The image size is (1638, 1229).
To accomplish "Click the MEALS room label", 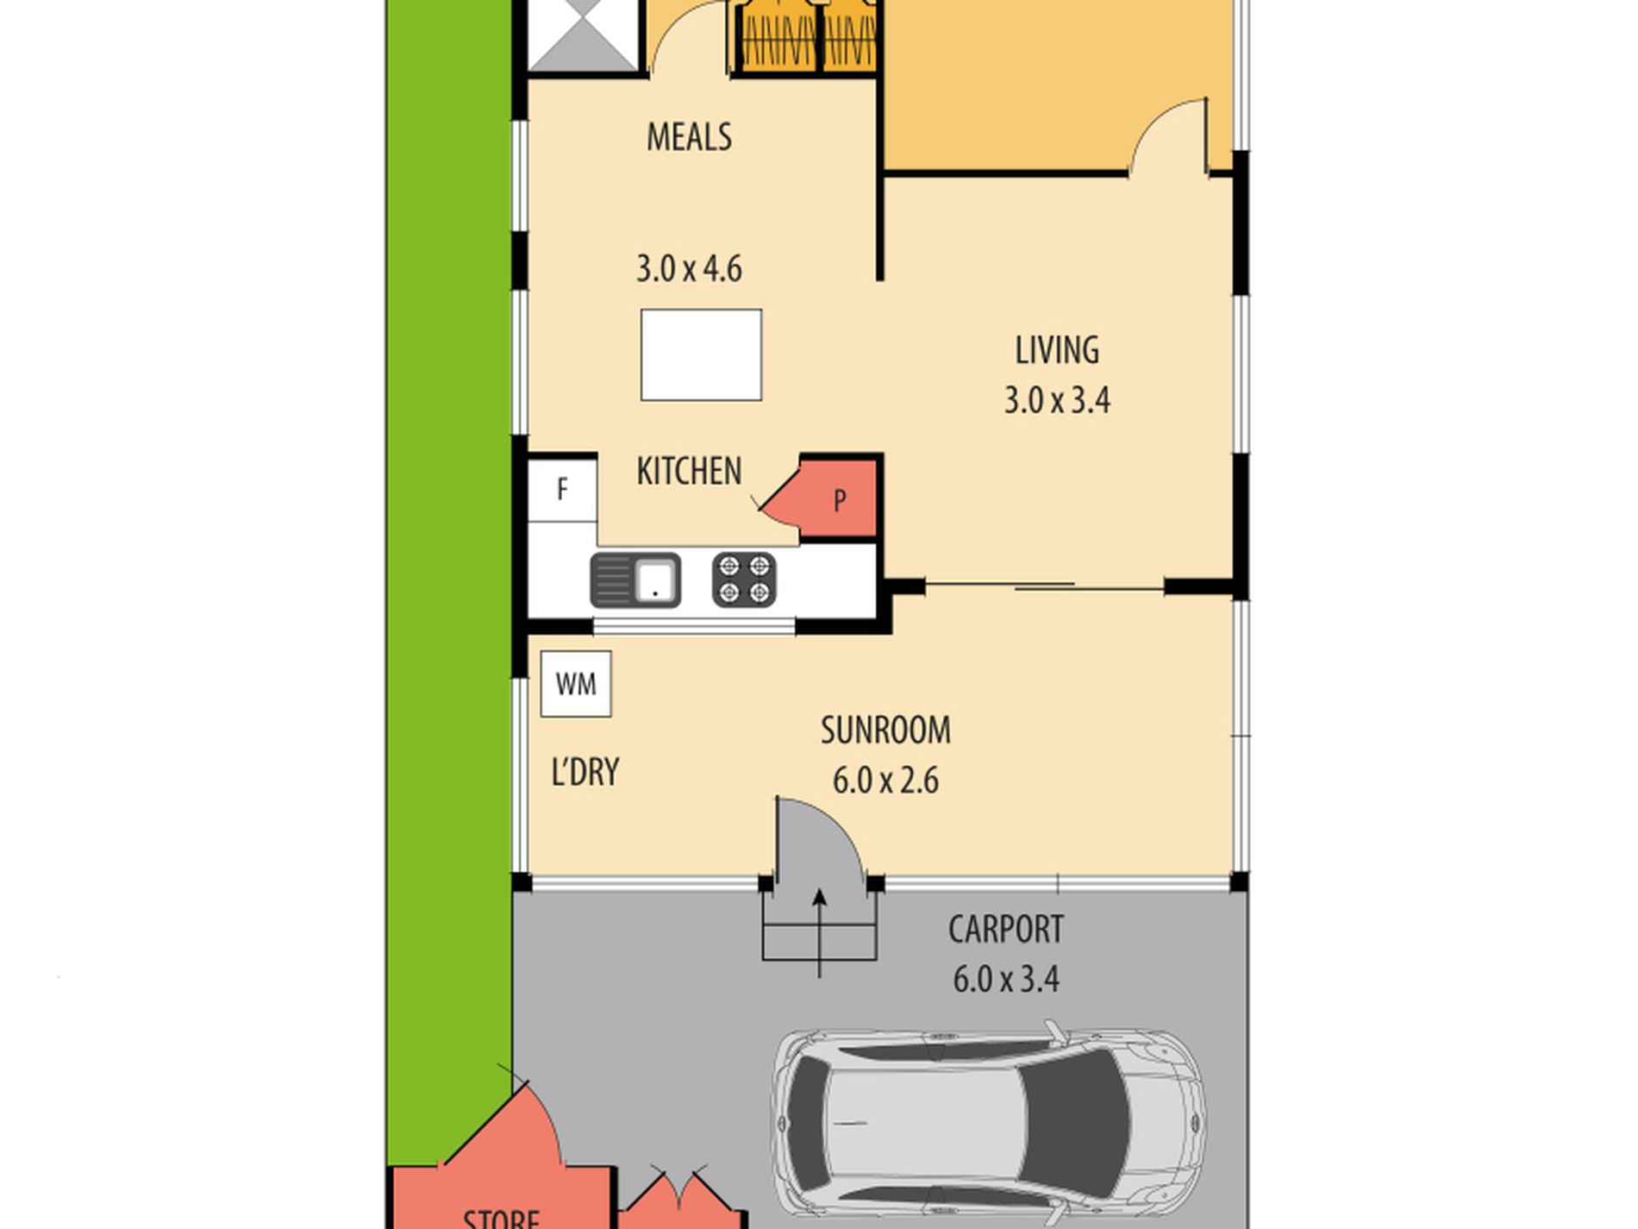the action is click(689, 137).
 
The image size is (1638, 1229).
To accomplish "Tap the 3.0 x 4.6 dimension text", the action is click(689, 269).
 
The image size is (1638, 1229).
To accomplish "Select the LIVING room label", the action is click(1057, 350).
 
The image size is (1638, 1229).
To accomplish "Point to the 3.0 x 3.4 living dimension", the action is click(1057, 400).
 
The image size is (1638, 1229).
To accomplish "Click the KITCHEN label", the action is click(689, 472).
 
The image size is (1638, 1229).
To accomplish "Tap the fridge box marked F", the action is click(562, 490).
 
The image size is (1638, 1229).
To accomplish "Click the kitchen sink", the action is click(635, 580).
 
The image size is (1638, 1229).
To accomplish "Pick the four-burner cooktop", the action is click(744, 580).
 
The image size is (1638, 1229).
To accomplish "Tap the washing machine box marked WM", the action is click(576, 684).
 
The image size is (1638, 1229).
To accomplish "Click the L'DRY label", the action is click(585, 772).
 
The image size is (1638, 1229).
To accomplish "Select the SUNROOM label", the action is click(885, 731).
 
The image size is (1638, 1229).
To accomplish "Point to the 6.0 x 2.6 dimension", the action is click(885, 781).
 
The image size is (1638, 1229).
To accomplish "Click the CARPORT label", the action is click(1006, 930).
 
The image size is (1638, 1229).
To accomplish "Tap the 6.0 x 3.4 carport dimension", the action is click(1006, 980).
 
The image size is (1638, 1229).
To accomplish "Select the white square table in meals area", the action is click(701, 355).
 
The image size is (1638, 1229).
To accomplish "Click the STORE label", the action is click(501, 1218).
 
